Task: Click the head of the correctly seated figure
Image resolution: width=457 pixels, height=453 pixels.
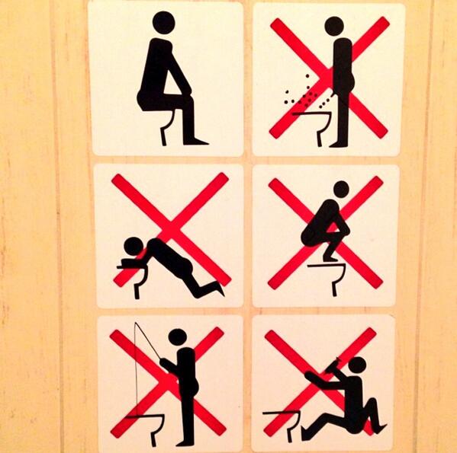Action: coord(163,23)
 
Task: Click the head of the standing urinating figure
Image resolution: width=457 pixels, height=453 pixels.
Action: coord(334,26)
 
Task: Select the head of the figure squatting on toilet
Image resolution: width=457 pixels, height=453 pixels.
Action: coord(340,189)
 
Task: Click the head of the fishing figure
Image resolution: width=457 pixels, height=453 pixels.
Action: coord(178,337)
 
